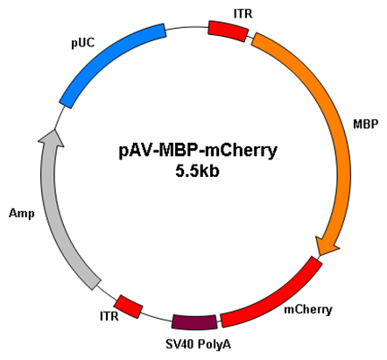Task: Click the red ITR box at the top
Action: tap(228, 31)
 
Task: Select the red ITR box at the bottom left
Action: tap(128, 307)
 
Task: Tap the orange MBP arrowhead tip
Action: tap(320, 255)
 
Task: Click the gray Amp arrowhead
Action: tap(52, 138)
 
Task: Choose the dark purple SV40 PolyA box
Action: tap(194, 322)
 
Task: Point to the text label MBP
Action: tap(365, 124)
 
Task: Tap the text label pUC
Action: tap(83, 43)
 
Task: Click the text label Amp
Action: tap(22, 214)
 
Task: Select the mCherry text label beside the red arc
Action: tap(308, 309)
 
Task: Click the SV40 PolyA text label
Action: tap(198, 344)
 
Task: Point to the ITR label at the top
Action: tap(243, 13)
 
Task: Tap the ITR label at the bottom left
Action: tap(109, 316)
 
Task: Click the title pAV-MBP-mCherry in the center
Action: tap(198, 151)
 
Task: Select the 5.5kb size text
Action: tap(197, 171)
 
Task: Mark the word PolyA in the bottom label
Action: tap(215, 344)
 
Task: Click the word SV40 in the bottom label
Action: tap(179, 344)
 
